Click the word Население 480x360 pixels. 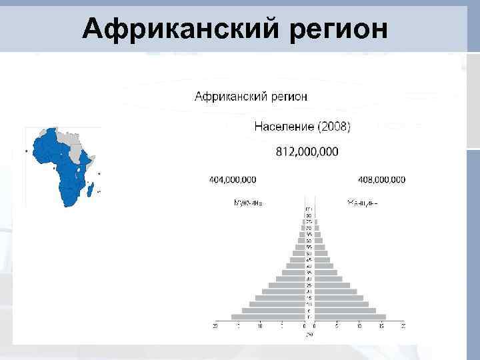pos(285,126)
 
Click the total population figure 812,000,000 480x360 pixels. pos(307,152)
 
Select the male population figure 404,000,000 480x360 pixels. pos(232,180)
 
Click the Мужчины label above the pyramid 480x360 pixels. pos(247,203)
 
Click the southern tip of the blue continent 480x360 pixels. pos(67,203)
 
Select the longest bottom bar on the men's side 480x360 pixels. pos(267,317)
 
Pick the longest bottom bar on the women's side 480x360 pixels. pos(350,317)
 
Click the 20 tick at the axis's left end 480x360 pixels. pos(215,326)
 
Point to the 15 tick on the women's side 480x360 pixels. pos(381,326)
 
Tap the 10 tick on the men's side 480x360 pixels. pos(260,326)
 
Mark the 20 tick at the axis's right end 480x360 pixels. pos(403,326)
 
